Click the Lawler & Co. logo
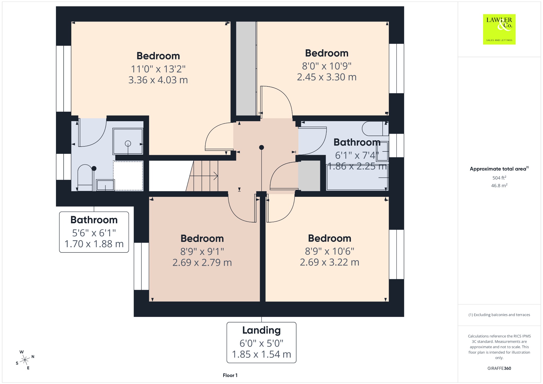click(499, 29)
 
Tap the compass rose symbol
click(25, 360)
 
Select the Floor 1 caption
click(230, 375)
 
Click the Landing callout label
click(261, 342)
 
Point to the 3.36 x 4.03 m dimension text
click(158, 80)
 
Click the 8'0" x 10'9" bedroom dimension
click(327, 66)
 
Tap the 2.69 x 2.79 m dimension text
click(202, 262)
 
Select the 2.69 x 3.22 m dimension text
click(330, 262)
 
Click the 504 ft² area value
click(499, 178)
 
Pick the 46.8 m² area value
click(499, 185)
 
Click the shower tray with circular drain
click(128, 141)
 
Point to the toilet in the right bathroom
click(375, 128)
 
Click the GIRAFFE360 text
click(499, 368)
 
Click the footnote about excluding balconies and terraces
click(499, 315)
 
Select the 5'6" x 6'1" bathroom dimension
click(94, 233)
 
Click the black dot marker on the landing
click(261, 147)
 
